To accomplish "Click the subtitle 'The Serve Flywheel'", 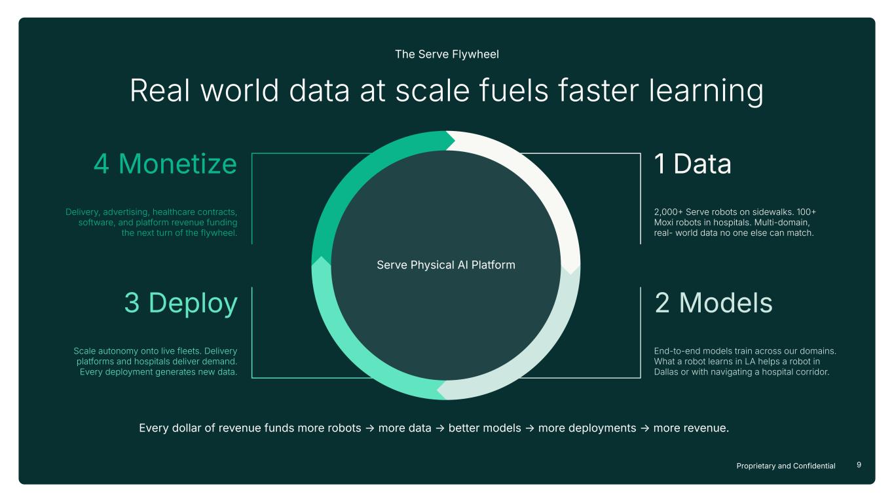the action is (x=447, y=54).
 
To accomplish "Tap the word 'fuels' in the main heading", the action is (x=513, y=90).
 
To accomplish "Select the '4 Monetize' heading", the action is (x=165, y=164).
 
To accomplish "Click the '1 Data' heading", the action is (x=693, y=164).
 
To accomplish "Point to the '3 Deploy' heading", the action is (x=181, y=303).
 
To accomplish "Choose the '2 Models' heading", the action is (x=714, y=303).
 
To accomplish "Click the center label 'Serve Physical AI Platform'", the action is (x=446, y=265).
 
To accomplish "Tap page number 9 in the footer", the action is (x=859, y=464).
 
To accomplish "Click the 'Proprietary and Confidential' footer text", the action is (x=786, y=466).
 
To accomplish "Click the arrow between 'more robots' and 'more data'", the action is (x=370, y=428).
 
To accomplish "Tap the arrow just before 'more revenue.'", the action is (x=645, y=428).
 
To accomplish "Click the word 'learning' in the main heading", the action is (x=706, y=92).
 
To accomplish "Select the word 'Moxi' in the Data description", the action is (x=663, y=223).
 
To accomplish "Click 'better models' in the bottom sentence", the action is (x=485, y=428).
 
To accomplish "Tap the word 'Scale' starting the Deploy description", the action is (x=84, y=351).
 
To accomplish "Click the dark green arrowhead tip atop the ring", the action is (x=455, y=140).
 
